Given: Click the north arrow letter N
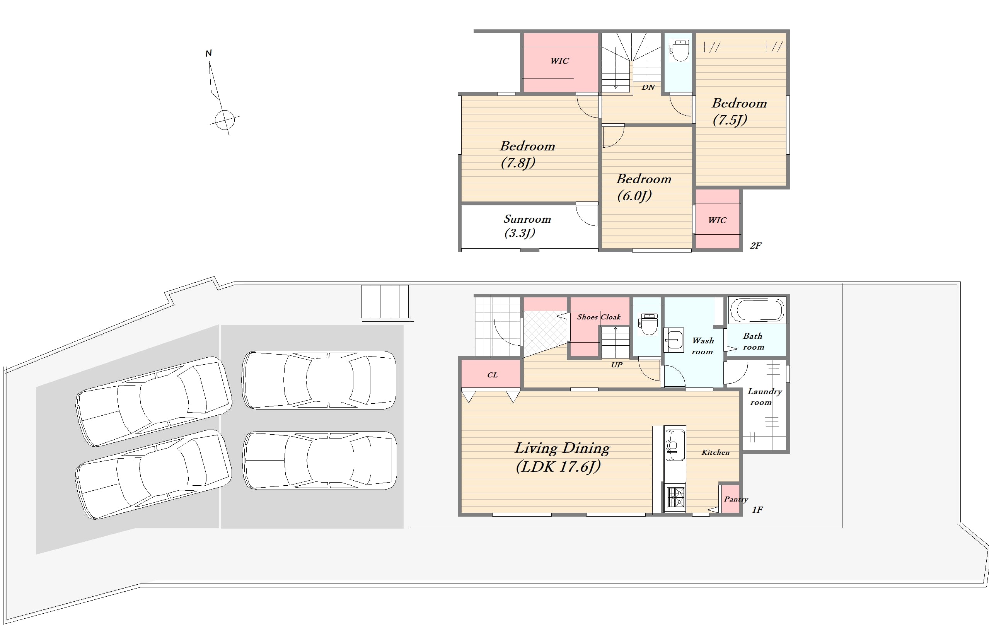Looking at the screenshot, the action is (209, 53).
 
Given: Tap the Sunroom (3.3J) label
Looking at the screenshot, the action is (527, 226).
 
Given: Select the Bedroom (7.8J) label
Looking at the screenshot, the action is (527, 154).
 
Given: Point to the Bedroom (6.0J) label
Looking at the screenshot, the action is (644, 187).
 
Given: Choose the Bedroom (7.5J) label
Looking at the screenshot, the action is (739, 111).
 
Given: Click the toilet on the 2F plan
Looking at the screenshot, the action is (680, 50).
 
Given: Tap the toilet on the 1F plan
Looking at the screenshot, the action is (648, 324).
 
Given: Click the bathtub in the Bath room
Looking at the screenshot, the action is (757, 310).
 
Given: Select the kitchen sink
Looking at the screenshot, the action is (674, 445).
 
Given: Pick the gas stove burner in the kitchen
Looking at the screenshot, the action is (675, 497).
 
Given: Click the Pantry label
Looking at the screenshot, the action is (736, 499).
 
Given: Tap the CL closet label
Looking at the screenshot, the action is (492, 375).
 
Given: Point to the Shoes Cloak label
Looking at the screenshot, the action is (599, 317).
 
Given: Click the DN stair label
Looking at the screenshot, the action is (648, 87).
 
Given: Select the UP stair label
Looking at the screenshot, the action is (617, 365).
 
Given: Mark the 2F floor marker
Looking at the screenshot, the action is (755, 246).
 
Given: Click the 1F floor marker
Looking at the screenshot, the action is (757, 510).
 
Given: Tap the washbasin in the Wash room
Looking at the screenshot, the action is (674, 340).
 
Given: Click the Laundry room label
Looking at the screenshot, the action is (764, 397).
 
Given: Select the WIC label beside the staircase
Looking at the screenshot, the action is (559, 61).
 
